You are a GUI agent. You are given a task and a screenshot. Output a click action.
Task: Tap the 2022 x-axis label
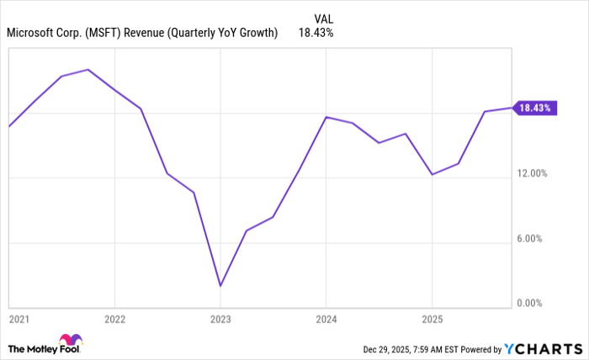(114, 320)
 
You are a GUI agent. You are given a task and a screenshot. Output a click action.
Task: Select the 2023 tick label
(220, 320)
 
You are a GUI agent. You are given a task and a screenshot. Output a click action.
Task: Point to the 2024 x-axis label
(326, 320)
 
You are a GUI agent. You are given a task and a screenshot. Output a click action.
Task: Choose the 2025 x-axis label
(432, 320)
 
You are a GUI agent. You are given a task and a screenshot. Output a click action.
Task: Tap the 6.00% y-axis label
(533, 239)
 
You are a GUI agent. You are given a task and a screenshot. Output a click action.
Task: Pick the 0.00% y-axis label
(533, 303)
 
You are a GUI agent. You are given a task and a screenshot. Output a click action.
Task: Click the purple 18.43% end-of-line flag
(534, 108)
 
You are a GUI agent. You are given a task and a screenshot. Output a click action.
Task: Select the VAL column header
(324, 18)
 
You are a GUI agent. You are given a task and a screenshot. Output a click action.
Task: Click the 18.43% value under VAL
(316, 34)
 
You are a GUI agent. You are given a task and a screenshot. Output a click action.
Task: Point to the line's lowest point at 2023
(220, 286)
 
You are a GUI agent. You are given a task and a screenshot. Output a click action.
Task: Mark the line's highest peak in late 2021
(88, 70)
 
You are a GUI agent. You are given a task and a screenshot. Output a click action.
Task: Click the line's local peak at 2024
(326, 117)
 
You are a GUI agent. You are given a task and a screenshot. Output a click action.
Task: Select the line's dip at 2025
(432, 175)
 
